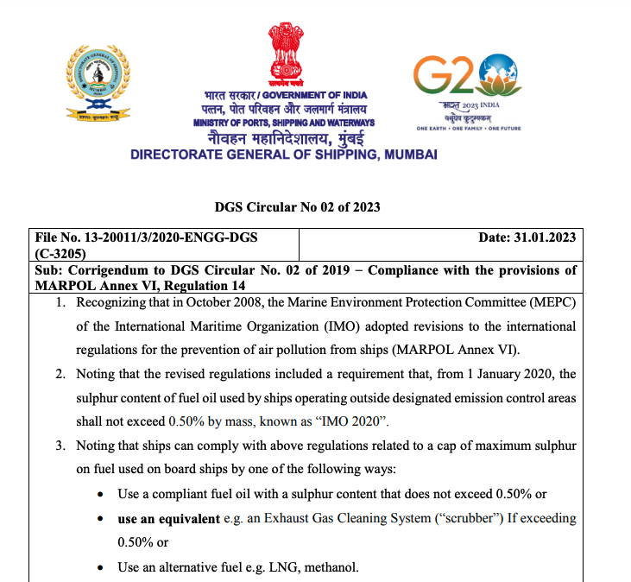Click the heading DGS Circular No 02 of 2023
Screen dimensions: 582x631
pyautogui.click(x=297, y=207)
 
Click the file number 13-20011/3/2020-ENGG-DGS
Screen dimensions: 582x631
pyautogui.click(x=147, y=237)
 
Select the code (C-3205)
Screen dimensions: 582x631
pyautogui.click(x=60, y=254)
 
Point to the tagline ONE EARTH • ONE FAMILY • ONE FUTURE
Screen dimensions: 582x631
pyautogui.click(x=469, y=129)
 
